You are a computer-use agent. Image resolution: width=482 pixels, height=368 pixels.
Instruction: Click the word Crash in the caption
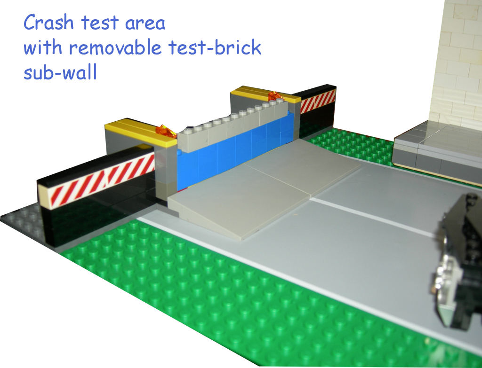(x=48, y=22)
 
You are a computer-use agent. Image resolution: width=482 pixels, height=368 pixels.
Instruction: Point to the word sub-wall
(x=60, y=72)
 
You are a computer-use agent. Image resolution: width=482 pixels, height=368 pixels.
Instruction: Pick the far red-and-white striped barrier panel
(x=318, y=101)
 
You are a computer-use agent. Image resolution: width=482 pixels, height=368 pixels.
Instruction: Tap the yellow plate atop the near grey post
(x=141, y=132)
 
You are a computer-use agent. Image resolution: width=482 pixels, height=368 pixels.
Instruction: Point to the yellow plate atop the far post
(x=265, y=94)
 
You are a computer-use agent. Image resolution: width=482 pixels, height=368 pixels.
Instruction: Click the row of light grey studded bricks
(x=233, y=124)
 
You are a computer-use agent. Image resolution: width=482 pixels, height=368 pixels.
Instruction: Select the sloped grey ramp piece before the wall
(x=265, y=187)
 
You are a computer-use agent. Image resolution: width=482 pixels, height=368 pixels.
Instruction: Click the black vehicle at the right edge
(x=459, y=261)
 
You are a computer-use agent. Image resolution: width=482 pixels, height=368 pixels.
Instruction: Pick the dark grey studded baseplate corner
(x=24, y=221)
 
